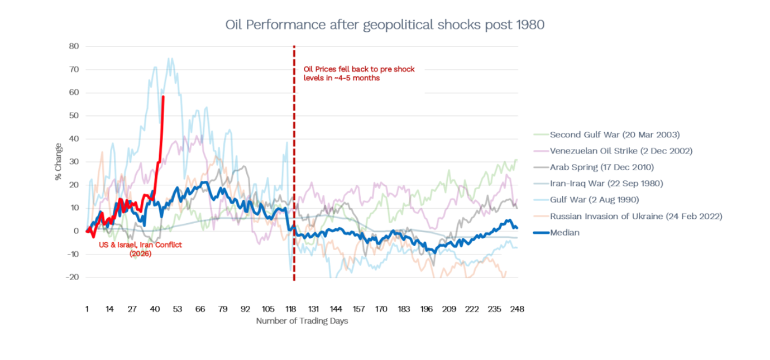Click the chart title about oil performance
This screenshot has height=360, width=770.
(x=384, y=25)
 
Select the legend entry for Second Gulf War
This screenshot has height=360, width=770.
(x=614, y=135)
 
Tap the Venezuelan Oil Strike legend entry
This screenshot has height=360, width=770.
(x=621, y=151)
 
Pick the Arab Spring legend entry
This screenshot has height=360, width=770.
(x=601, y=167)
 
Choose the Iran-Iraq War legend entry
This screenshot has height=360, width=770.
(x=606, y=183)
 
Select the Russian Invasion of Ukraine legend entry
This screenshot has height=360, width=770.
(x=635, y=216)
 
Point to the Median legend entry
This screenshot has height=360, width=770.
(x=565, y=232)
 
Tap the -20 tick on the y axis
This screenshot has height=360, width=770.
(x=73, y=277)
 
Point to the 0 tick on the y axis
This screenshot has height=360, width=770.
(x=76, y=231)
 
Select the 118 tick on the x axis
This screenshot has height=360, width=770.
(x=291, y=309)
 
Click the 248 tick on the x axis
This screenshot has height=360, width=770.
(x=517, y=309)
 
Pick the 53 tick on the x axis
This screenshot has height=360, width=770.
(x=178, y=309)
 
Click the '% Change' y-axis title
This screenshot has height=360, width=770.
(x=58, y=162)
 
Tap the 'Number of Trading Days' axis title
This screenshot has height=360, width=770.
(x=302, y=321)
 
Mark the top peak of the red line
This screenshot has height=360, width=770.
(x=163, y=97)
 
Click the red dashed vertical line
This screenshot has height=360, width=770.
(x=294, y=167)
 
